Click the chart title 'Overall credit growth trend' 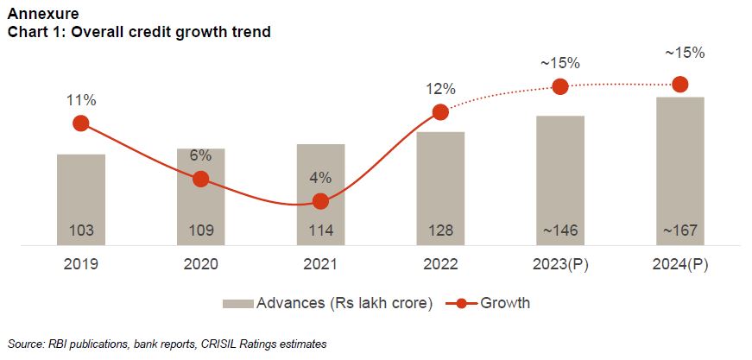click(x=139, y=32)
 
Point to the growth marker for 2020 click(x=201, y=179)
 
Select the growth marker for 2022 click(x=440, y=112)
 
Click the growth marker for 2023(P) click(x=559, y=86)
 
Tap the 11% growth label click(x=81, y=100)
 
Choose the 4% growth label click(x=320, y=178)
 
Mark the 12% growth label click(x=440, y=89)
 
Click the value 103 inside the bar click(x=81, y=232)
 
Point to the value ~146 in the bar click(x=559, y=232)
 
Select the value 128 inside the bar click(x=440, y=232)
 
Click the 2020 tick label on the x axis click(x=201, y=265)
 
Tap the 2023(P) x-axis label click(x=559, y=265)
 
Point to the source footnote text click(x=167, y=344)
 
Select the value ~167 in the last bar click(x=679, y=232)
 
